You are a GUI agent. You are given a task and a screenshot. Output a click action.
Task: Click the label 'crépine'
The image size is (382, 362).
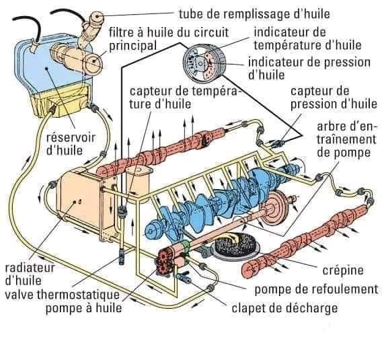pyautogui.click(x=343, y=270)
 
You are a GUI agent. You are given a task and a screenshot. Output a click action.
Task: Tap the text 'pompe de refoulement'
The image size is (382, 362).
pyautogui.click(x=316, y=289)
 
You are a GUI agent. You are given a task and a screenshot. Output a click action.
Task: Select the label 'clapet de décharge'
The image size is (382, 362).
pyautogui.click(x=284, y=308)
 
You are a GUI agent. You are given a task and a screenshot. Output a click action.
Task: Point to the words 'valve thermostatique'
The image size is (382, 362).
pyautogui.click(x=63, y=295)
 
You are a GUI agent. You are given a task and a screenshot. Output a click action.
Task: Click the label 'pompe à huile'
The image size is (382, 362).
pyautogui.click(x=84, y=307)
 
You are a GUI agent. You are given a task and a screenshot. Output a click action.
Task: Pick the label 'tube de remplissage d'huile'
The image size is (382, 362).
pyautogui.click(x=254, y=14)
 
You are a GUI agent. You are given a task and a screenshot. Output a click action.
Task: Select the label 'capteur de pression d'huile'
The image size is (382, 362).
pyautogui.click(x=334, y=98)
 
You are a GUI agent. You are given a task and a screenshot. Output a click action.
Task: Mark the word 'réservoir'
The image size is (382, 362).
pyautogui.click(x=71, y=137)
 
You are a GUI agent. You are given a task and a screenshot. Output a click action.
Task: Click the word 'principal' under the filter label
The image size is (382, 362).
pyautogui.click(x=132, y=46)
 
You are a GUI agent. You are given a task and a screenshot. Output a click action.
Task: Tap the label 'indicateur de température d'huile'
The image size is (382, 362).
pyautogui.click(x=307, y=38)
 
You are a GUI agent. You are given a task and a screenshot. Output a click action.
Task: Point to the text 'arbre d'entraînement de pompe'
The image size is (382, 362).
pyautogui.click(x=346, y=140)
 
